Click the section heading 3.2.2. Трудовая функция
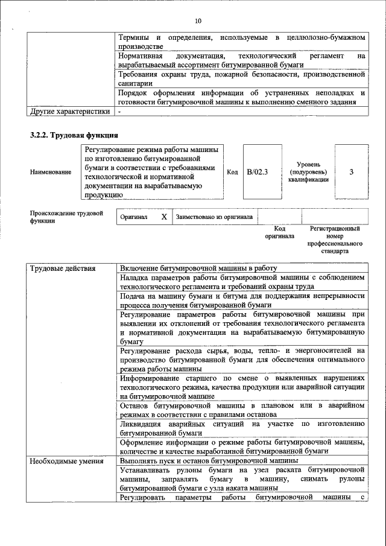tap(74, 135)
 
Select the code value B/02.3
tap(257, 172)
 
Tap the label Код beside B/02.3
tap(232, 172)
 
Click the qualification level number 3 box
tap(351, 172)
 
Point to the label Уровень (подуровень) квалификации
tap(308, 172)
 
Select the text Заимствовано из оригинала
tap(214, 217)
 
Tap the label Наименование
tap(51, 173)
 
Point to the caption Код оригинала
tap(280, 232)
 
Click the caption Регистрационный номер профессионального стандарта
tap(335, 240)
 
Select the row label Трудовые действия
tap(57, 268)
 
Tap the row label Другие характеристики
tap(70, 111)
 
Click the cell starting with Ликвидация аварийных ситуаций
tap(242, 428)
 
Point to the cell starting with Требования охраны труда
tap(242, 78)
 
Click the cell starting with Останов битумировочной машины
tap(242, 409)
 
